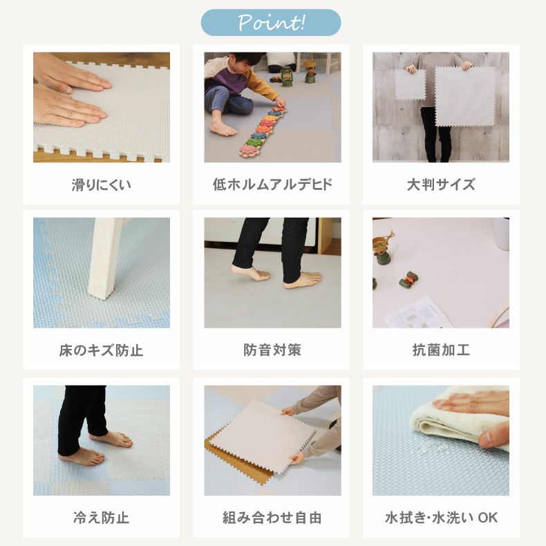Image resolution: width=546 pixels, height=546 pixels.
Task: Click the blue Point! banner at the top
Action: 270,23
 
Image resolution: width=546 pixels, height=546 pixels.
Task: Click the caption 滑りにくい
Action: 102,185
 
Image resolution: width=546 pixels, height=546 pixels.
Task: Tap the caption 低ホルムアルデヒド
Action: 272,185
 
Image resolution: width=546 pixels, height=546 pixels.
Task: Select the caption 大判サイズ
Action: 441,185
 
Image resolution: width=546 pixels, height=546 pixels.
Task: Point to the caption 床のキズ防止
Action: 101,350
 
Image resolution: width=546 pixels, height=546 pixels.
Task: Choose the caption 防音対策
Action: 272,350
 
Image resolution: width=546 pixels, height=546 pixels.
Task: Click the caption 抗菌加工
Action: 441,350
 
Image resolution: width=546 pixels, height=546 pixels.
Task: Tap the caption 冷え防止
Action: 102,518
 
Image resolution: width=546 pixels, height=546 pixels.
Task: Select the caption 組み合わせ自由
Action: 272,518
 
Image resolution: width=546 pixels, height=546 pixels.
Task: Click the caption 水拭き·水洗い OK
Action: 441,518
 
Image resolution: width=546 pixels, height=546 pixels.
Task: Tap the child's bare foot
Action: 222,129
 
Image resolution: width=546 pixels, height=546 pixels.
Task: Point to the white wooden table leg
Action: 104,258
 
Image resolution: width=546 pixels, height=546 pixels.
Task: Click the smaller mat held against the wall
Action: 411,84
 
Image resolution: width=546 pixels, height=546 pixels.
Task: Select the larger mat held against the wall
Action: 465,97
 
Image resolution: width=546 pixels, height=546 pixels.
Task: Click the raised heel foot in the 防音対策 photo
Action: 250,273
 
